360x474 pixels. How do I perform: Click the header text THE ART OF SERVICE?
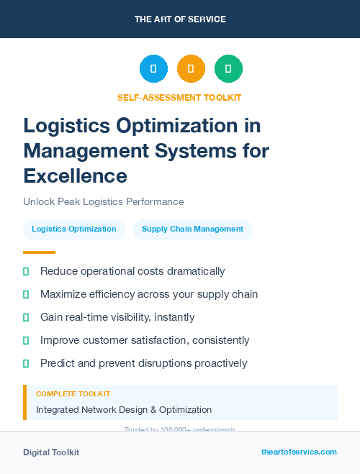[x=180, y=19]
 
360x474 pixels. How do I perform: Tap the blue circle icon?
[x=153, y=69]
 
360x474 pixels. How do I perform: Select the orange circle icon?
[x=191, y=69]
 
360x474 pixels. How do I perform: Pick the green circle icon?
[x=228, y=69]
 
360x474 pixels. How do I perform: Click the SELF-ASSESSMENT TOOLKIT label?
[x=179, y=97]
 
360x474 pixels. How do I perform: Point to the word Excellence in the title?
[x=76, y=176]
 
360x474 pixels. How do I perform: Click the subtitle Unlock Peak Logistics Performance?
[x=104, y=202]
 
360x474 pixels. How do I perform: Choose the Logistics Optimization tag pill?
[x=74, y=229]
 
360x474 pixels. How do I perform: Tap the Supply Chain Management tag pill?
[x=192, y=229]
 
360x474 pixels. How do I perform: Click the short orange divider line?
[x=39, y=252]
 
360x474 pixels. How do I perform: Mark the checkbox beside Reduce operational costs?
[x=26, y=272]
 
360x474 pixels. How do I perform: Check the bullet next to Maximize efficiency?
[x=26, y=295]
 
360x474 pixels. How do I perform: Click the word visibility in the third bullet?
[x=145, y=317]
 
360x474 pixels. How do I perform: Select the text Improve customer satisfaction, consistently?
[x=145, y=340]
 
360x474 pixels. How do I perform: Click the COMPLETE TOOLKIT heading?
[x=73, y=394]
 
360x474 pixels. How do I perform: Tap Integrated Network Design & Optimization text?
[x=124, y=410]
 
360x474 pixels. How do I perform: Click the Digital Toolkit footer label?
[x=51, y=452]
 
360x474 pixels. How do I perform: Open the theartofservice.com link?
[x=299, y=452]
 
